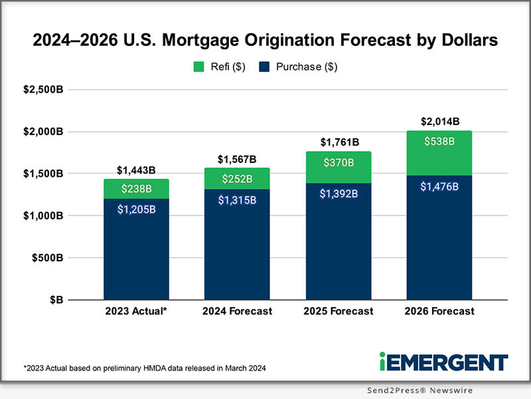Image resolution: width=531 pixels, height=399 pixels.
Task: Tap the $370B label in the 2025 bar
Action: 338,163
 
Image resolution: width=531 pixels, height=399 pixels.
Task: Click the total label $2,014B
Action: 439,122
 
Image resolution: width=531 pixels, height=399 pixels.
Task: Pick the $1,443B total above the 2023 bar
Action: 136,170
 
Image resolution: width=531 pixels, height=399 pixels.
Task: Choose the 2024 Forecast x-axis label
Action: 238,312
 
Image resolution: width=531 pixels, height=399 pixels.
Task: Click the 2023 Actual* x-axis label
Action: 136,312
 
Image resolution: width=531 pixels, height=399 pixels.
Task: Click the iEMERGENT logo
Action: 443,362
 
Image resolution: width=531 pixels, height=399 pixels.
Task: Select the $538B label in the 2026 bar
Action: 439,141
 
